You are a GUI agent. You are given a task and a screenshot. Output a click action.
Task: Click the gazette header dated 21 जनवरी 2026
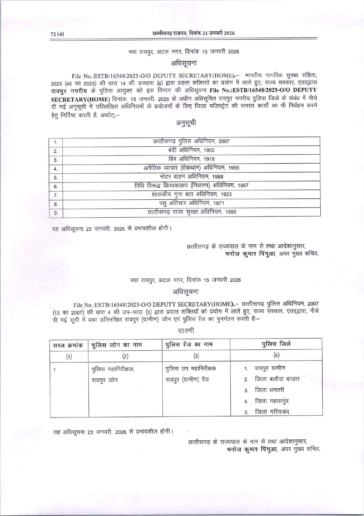point(193,33)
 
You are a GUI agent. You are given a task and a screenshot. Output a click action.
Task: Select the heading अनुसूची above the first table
point(186,123)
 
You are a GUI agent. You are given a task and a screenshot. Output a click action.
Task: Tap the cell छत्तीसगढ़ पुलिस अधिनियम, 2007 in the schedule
point(191,141)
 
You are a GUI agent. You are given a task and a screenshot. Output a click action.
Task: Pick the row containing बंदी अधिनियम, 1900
point(191,150)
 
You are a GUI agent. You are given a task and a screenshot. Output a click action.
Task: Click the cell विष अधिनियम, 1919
point(191,159)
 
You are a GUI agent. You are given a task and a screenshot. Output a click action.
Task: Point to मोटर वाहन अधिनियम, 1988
point(191,177)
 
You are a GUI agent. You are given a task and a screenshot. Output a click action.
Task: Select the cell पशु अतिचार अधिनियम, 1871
point(191,203)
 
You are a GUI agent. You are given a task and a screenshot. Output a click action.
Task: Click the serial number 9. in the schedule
point(56,213)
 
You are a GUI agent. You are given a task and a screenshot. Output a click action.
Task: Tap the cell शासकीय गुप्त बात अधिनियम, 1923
point(191,194)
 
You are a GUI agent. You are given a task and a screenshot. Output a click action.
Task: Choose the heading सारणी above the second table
point(186,331)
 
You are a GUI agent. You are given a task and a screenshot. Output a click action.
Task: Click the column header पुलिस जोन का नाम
point(117,345)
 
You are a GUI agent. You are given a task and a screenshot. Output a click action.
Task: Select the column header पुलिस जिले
point(276,344)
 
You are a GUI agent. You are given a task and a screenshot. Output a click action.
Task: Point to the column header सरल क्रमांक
point(68,345)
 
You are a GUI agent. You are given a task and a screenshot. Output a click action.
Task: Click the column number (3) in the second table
point(196,356)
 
